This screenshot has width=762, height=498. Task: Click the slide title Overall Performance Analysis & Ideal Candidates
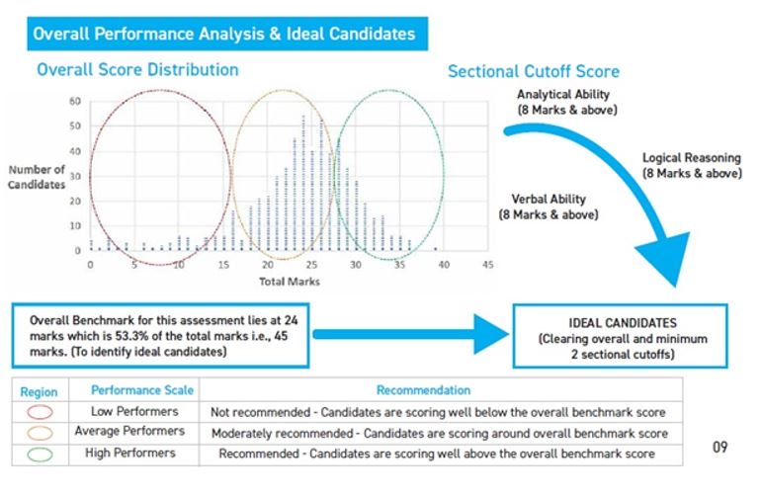tap(224, 34)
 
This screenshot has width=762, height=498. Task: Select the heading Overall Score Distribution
tap(137, 70)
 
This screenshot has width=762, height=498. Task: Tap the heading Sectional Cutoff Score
tap(534, 71)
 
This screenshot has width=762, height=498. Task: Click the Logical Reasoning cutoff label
tap(692, 165)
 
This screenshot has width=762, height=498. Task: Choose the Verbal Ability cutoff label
tap(548, 206)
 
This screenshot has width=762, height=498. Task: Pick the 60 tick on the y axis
tap(74, 101)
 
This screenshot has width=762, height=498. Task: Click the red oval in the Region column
tap(41, 412)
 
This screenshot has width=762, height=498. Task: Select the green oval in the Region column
tap(41, 454)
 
